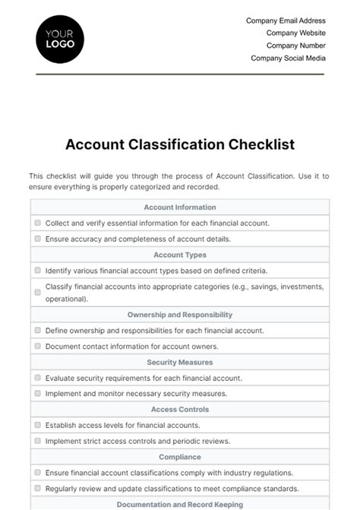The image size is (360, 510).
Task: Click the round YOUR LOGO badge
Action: tap(60, 38)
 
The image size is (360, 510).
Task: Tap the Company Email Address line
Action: tap(286, 21)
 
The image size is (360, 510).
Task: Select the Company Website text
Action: tap(295, 33)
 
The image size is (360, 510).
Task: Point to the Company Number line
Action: tap(295, 46)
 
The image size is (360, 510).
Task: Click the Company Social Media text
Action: tap(288, 58)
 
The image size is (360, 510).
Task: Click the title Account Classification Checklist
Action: tap(180, 144)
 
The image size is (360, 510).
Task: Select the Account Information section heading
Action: tap(180, 207)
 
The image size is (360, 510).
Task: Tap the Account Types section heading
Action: tap(180, 255)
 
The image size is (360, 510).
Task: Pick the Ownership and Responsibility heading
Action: tap(180, 315)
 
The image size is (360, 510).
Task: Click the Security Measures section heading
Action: tap(180, 363)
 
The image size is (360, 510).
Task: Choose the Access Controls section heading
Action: tap(180, 410)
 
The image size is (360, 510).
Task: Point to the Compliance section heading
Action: tap(180, 457)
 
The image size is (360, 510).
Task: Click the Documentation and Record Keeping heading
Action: tap(180, 504)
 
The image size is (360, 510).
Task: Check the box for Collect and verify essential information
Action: tap(37, 223)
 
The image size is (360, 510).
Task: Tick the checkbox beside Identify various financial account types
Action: tap(37, 271)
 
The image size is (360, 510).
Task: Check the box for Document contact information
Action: tap(37, 347)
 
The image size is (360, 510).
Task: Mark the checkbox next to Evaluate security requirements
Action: tap(37, 378)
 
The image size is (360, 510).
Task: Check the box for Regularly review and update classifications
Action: tap(37, 488)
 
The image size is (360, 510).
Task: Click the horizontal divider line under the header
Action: tap(180, 74)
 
